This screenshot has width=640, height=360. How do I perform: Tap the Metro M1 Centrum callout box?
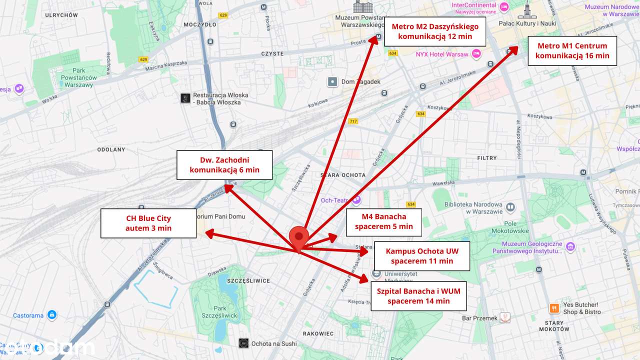coord(572,50)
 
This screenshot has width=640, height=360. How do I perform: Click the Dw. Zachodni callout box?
coord(224,165)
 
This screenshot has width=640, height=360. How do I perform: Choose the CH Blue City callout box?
coord(148,223)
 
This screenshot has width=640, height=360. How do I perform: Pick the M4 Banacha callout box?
coord(384,221)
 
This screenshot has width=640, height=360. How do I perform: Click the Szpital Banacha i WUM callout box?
coord(418,295)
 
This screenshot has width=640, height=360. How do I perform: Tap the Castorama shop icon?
coord(51,315)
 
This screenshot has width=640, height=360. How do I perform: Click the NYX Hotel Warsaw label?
coord(442,54)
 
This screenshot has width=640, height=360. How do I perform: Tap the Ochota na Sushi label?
coord(273,343)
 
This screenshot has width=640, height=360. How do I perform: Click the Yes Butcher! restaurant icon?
coord(553,308)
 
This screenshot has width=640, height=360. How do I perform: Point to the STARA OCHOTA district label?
coord(342,175)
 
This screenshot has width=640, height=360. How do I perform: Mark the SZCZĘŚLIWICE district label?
coord(248,281)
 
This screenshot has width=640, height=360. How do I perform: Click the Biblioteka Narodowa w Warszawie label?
coord(473,207)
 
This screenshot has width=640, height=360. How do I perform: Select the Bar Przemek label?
coord(479,318)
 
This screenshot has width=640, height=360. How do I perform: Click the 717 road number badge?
coord(353,121)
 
